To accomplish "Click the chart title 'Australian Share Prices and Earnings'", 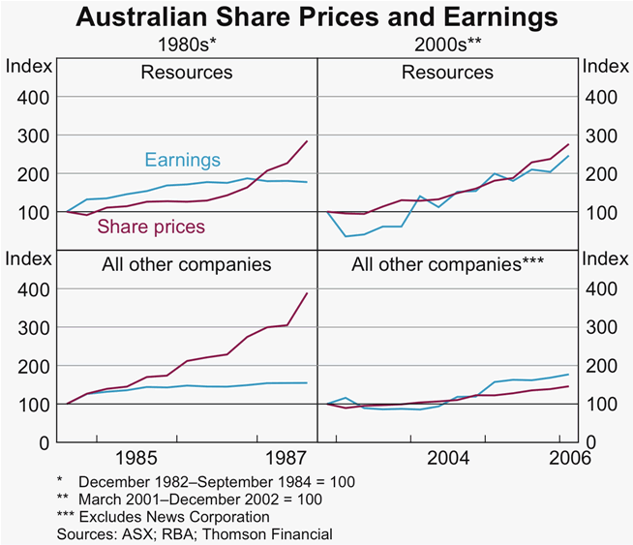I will pos(316,17).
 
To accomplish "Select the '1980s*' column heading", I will pos(186,45).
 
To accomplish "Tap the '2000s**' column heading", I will pos(447,45).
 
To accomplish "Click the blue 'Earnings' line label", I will pos(182,161).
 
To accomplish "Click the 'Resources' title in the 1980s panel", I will pos(187,73).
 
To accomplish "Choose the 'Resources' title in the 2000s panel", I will pos(447,73).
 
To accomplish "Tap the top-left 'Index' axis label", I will pos(27,66).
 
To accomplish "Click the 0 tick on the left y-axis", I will pos(43,442).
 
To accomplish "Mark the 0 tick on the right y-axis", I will pos(591,442).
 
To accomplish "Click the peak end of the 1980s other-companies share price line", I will pos(308,293).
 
